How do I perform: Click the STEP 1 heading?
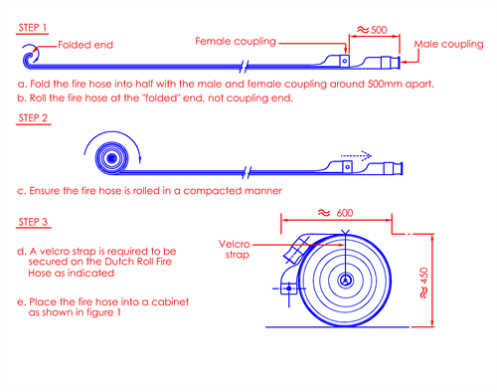pos(32,28)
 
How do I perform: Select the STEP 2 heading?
pos(33,118)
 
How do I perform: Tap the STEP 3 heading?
pos(33,222)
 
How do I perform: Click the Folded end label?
pos(85,45)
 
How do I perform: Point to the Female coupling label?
pos(236,42)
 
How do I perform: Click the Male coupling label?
pos(448,45)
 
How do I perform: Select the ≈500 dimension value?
pos(372,30)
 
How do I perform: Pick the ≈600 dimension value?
pos(336,213)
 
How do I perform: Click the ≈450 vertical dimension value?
pos(423,283)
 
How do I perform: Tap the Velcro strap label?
pos(235,250)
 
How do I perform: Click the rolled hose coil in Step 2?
pos(111,158)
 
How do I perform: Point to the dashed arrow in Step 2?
pos(356,155)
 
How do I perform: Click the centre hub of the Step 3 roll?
pos(345,281)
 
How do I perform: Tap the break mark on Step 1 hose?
pos(245,67)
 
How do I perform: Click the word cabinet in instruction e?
pos(170,301)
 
